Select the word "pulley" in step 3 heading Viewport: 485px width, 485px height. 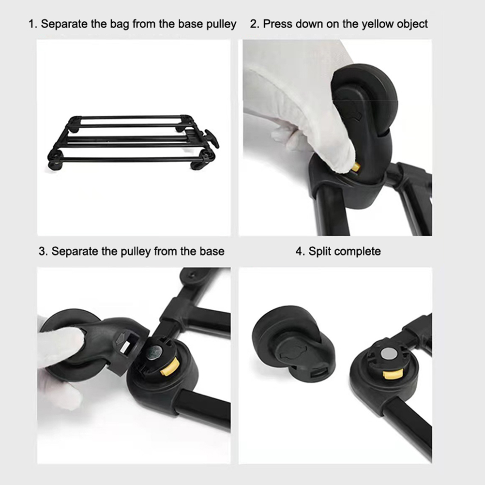tap(135, 252)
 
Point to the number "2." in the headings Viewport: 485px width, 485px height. tap(255, 24)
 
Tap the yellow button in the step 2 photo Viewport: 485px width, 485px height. tap(356, 167)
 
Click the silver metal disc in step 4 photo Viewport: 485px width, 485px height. tap(388, 353)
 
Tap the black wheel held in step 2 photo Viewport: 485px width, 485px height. tap(365, 99)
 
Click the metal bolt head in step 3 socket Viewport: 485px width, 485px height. tap(154, 352)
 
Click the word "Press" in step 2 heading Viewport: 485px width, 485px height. tap(277, 24)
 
